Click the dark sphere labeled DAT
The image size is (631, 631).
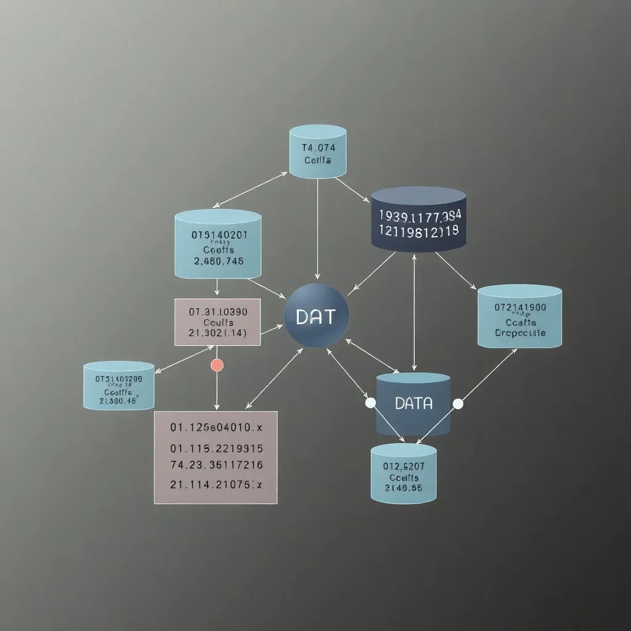pos(316,315)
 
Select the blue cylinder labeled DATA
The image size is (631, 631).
pos(413,404)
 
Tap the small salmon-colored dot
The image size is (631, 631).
pos(217,365)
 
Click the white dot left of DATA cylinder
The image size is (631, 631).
pos(370,403)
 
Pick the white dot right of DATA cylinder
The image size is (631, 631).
pos(458,404)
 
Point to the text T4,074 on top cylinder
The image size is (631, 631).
pos(318,148)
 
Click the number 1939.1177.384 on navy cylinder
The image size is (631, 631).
pos(420,216)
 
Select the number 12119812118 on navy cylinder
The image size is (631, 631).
pos(420,231)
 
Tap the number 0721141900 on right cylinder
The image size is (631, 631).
pos(520,307)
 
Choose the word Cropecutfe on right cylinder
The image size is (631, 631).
pos(520,333)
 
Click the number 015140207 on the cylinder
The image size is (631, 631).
pos(219,235)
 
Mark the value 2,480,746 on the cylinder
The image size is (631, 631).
pos(219,261)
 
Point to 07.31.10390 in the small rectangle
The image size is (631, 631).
pos(218,312)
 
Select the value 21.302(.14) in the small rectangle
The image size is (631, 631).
pos(218,333)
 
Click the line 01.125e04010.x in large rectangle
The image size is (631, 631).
pos(216,426)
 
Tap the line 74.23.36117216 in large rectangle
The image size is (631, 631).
pos(216,465)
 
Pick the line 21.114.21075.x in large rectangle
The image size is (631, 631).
pos(216,485)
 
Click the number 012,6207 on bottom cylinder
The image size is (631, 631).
pos(404,467)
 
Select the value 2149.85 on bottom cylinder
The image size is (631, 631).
pos(404,489)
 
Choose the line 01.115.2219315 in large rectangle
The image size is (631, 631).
pos(216,449)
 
